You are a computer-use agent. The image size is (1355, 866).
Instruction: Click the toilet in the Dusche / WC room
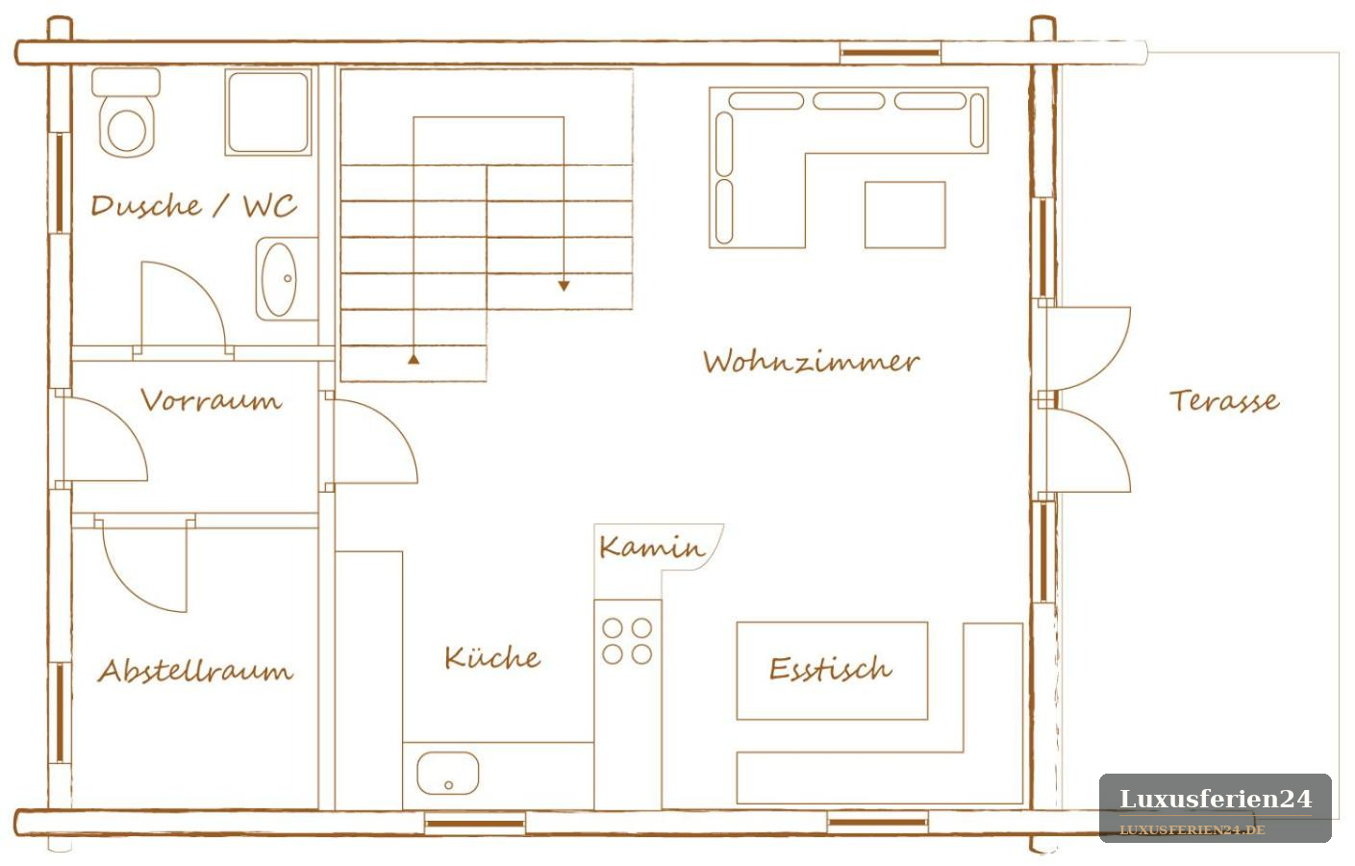point(126,113)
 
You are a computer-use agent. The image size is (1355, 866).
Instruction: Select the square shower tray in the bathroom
point(268,112)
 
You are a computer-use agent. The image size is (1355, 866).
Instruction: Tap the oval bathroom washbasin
point(280,279)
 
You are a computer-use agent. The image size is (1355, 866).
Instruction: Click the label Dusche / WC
point(193,206)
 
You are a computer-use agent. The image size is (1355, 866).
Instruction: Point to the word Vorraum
point(212,400)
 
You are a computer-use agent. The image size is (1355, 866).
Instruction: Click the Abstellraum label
point(195,671)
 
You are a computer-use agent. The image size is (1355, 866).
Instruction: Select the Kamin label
point(652,548)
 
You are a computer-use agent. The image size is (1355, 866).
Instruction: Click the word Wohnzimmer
point(812,361)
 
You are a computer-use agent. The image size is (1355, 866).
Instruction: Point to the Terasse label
point(1224,400)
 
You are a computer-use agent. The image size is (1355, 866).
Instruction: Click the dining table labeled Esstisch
point(832,671)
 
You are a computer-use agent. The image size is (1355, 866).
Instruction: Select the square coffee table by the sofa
point(905,215)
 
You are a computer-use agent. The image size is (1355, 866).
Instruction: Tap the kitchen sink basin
point(447,773)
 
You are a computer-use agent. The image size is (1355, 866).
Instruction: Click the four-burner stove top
point(627,642)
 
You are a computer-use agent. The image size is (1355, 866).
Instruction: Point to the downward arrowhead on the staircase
point(564,286)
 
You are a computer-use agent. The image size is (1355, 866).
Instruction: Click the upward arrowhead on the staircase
point(414,359)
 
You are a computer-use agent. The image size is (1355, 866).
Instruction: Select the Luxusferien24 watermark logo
point(1216,808)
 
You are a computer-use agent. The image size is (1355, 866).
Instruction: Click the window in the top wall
point(890,53)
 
